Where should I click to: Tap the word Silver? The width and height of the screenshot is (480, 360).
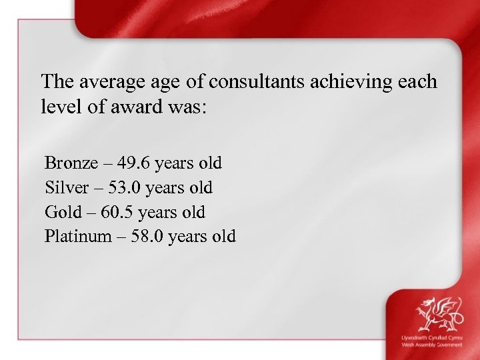tap(64, 188)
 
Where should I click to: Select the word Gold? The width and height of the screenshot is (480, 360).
tap(62, 213)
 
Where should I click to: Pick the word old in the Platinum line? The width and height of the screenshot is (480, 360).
tap(223, 237)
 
